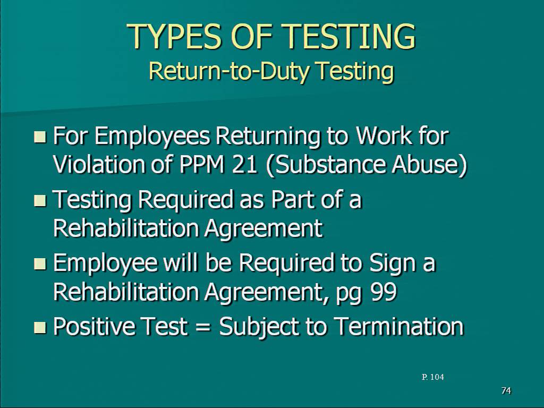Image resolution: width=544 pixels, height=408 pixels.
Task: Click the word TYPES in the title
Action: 176,36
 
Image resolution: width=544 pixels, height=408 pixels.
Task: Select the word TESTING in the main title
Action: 351,36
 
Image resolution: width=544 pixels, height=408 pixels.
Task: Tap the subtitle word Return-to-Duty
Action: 229,71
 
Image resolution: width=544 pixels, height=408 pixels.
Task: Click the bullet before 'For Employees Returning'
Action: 40,137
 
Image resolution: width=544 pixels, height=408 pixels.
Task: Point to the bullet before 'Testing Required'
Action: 40,200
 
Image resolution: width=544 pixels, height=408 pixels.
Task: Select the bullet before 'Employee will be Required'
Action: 40,263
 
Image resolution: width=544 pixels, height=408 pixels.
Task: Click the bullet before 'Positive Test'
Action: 40,327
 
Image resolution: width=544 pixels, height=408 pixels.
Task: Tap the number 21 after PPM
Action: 244,164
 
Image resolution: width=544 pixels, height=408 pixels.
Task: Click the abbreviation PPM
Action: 201,164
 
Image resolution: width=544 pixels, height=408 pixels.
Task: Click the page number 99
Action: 384,292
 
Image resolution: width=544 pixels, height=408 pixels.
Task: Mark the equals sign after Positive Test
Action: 203,327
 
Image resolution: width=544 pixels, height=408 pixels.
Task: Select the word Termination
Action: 399,326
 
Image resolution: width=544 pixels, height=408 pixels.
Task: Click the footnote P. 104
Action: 432,377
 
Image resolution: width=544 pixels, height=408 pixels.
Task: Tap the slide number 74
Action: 506,390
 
